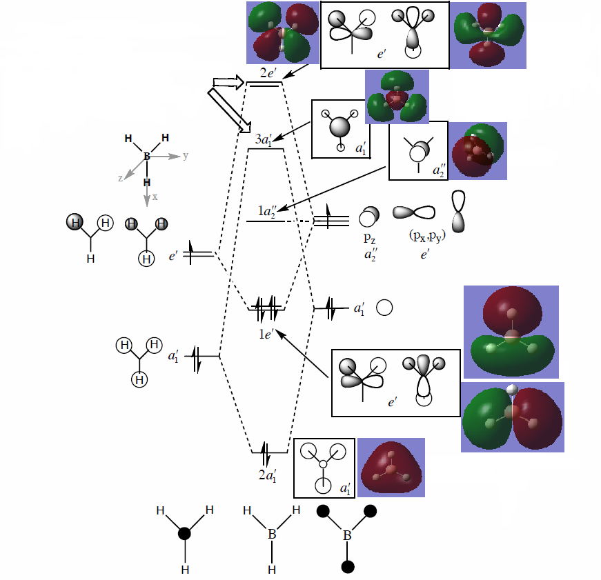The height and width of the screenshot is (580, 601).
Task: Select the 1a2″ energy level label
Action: pyautogui.click(x=268, y=211)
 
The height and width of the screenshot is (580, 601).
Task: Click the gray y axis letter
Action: pyautogui.click(x=186, y=156)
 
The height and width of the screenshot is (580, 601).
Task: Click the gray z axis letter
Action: pyautogui.click(x=121, y=177)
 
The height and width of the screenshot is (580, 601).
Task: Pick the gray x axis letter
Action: pyautogui.click(x=155, y=197)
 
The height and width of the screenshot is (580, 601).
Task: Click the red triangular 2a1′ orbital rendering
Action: pyautogui.click(x=390, y=467)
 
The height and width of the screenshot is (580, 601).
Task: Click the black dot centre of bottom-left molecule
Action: pyautogui.click(x=185, y=534)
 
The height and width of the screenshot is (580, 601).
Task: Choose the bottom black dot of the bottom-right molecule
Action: pyautogui.click(x=348, y=566)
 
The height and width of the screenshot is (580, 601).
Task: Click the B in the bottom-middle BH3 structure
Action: pyautogui.click(x=272, y=534)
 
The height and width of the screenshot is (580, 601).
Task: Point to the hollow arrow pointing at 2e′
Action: pyautogui.click(x=228, y=83)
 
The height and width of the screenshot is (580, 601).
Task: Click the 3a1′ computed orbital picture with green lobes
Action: pyautogui.click(x=397, y=96)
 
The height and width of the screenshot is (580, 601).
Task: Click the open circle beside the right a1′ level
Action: pyautogui.click(x=384, y=308)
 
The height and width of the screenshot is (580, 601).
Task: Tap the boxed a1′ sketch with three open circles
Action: pyautogui.click(x=324, y=468)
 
